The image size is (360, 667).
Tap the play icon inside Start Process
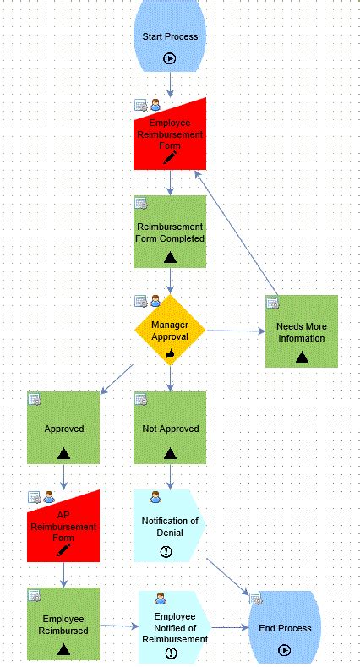tap(170, 59)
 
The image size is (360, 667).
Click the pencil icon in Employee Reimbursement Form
tap(170, 157)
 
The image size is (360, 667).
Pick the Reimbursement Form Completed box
tap(170, 232)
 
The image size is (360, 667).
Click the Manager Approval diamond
tap(170, 330)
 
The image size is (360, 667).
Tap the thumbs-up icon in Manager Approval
tap(170, 355)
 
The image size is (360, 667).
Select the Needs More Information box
tap(301, 331)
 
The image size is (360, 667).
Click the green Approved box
tap(63, 428)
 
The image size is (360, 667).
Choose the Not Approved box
tap(170, 428)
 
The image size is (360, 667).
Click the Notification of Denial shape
tap(170, 526)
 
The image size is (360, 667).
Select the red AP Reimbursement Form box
tap(63, 525)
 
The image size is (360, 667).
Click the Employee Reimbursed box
tap(63, 624)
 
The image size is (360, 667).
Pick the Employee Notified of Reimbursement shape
tap(174, 627)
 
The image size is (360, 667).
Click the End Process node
tap(284, 628)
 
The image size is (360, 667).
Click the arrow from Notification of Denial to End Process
tap(226, 579)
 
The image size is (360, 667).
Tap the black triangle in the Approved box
tap(63, 453)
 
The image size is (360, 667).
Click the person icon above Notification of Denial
tap(155, 497)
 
